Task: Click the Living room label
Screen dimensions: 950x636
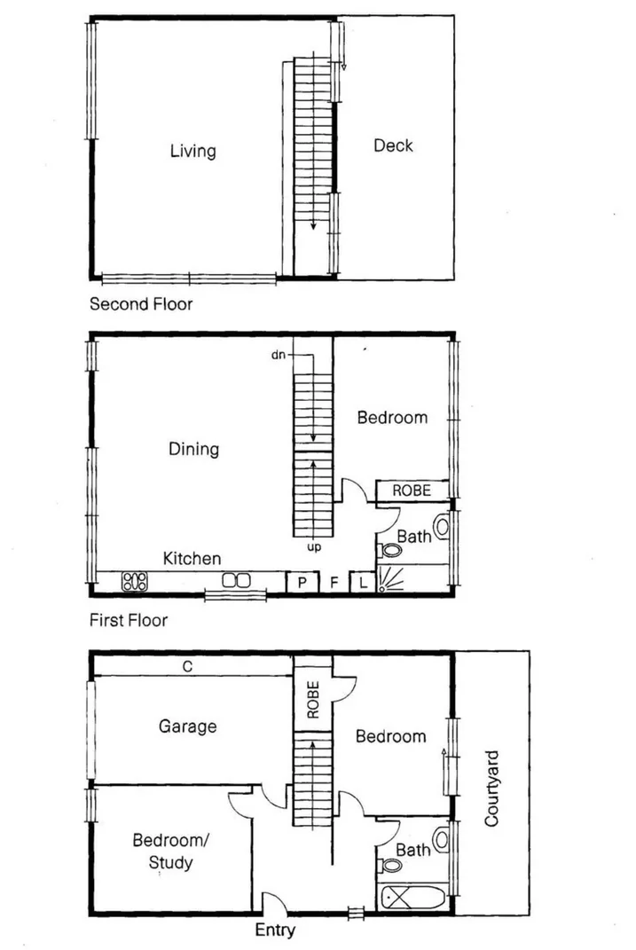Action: [x=192, y=151]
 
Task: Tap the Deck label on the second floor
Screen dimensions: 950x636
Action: [x=393, y=145]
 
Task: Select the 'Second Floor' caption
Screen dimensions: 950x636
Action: [x=141, y=304]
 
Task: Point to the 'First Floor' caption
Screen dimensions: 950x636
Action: [x=129, y=620]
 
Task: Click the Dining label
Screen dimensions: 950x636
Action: [x=193, y=449]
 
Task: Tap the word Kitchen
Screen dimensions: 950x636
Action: [x=192, y=558]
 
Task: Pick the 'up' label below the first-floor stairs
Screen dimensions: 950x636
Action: [x=314, y=547]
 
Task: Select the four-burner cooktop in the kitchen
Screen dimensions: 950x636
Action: [x=135, y=582]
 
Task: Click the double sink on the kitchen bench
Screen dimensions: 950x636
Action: [x=236, y=581]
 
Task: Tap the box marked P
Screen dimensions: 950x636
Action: [x=302, y=583]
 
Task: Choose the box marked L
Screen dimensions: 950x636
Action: [x=363, y=583]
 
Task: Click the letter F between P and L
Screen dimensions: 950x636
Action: [x=334, y=583]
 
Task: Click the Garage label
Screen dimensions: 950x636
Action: [x=187, y=726]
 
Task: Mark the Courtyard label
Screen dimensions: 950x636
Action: [x=492, y=789]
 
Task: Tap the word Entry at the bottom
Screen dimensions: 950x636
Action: [x=275, y=930]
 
